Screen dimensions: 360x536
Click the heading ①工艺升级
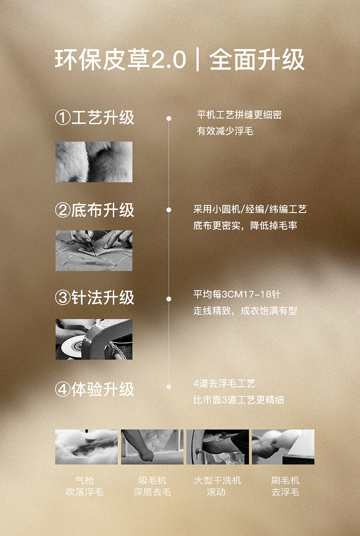[x=95, y=118]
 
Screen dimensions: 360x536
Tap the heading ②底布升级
[x=95, y=210]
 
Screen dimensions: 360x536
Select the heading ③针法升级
[x=95, y=298]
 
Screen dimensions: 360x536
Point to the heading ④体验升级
[x=95, y=389]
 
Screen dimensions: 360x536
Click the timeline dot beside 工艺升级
[x=168, y=118]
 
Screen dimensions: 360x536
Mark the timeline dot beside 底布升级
[x=168, y=210]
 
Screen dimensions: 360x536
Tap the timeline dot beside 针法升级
[x=168, y=299]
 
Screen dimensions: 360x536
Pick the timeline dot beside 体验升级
[x=168, y=387]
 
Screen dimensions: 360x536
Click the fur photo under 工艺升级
[x=94, y=162]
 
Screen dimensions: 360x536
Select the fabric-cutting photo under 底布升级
[x=94, y=250]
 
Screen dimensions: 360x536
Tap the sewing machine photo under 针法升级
[x=94, y=339]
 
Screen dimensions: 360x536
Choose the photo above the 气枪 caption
[x=86, y=447]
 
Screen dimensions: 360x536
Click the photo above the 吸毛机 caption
[x=152, y=447]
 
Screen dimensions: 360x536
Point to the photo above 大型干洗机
[x=218, y=447]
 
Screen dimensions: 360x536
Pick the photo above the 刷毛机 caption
[x=283, y=447]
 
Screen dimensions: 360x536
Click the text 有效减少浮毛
[x=225, y=131]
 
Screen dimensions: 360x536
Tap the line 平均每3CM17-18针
[x=237, y=294]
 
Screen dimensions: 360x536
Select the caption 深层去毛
[x=152, y=492]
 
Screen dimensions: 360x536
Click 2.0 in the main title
[x=168, y=60]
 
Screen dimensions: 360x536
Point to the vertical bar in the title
[x=198, y=60]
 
